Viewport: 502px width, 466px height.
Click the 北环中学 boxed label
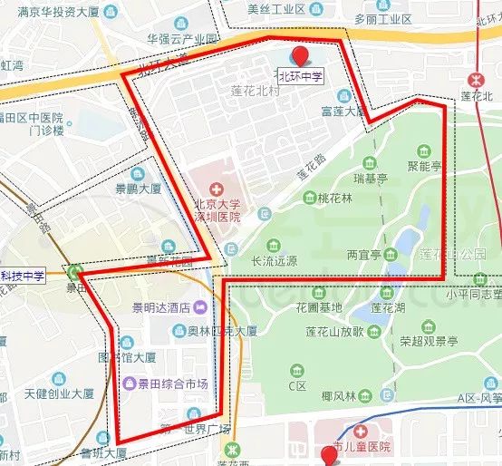(x=300, y=76)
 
